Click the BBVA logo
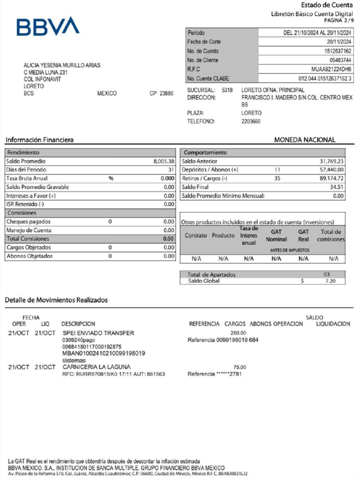pyautogui.click(x=48, y=27)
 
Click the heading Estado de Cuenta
pyautogui.click(x=327, y=5)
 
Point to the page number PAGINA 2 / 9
pyautogui.click(x=338, y=21)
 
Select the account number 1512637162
pyautogui.click(x=337, y=51)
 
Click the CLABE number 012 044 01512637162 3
pyautogui.click(x=325, y=78)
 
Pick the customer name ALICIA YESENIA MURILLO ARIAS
pyautogui.click(x=62, y=66)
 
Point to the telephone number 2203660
pyautogui.click(x=251, y=122)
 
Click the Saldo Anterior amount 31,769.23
pyautogui.click(x=331, y=161)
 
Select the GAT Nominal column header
pyautogui.click(x=276, y=235)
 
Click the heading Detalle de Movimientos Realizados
pyautogui.click(x=56, y=300)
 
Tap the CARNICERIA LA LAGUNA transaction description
pyautogui.click(x=97, y=367)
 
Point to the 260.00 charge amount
pyautogui.click(x=238, y=333)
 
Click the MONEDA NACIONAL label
pyautogui.click(x=305, y=140)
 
